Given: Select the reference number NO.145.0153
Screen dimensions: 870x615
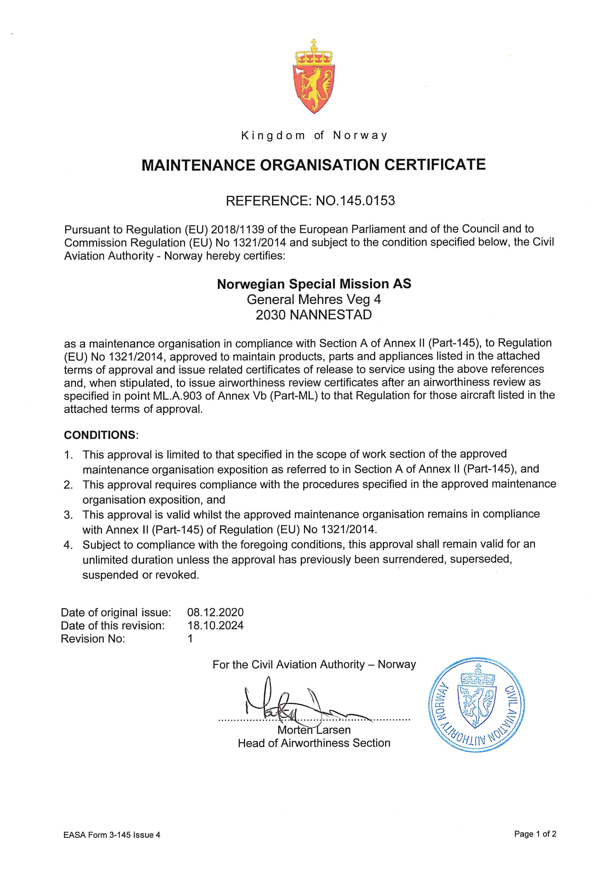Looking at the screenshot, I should click(355, 200).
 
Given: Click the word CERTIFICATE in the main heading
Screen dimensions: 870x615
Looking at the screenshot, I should click(435, 165).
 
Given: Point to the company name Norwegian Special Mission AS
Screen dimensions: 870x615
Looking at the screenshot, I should click(314, 284).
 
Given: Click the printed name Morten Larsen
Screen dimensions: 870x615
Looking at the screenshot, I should click(314, 730).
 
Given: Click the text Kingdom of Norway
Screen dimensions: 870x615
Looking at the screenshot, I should click(314, 136).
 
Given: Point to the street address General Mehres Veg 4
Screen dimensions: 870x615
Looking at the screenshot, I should click(314, 299).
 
